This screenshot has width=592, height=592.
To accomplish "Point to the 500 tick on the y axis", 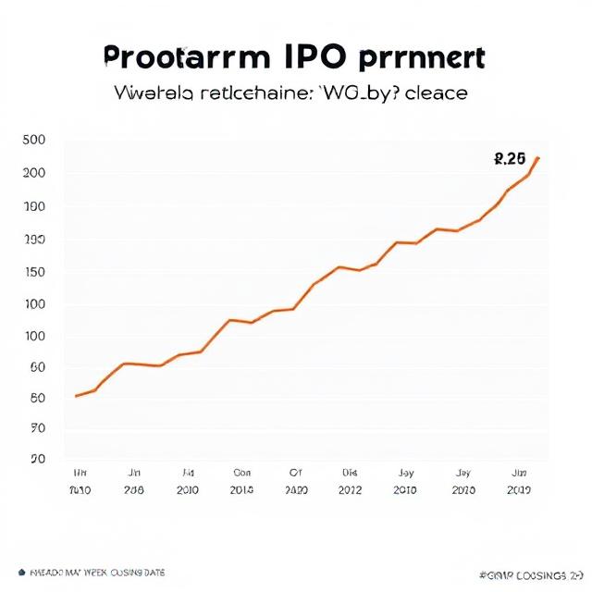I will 33,141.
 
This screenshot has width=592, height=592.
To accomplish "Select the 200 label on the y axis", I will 33,173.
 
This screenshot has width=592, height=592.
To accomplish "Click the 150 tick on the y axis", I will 33,272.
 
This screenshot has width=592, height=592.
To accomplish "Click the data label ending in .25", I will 511,159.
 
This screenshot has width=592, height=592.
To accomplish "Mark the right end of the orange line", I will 538,158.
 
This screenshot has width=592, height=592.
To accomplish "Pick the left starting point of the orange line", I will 76,396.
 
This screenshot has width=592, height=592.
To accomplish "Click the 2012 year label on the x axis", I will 350,490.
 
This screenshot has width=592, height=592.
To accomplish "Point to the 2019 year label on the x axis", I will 519,490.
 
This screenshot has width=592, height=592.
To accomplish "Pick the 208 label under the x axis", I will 134,490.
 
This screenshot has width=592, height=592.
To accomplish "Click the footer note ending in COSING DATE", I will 92,572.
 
